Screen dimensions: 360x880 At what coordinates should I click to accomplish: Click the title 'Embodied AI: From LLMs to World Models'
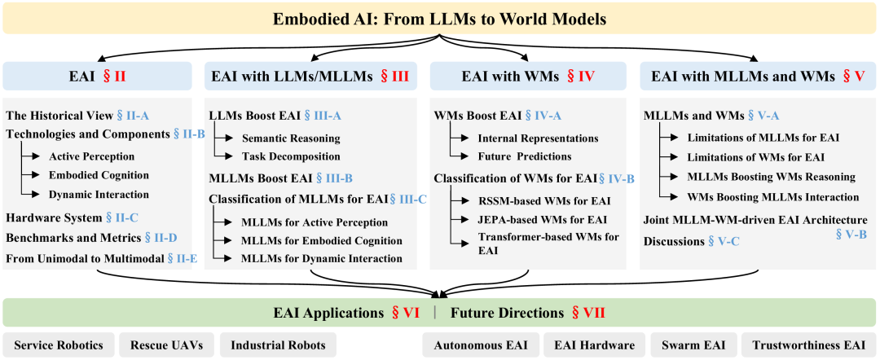pyautogui.click(x=440, y=17)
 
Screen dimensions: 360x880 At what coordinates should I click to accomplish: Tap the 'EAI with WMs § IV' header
pyautogui.click(x=527, y=77)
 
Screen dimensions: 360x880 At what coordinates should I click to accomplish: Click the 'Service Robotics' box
pyautogui.click(x=59, y=345)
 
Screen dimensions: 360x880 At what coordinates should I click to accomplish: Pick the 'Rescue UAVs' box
pyautogui.click(x=166, y=345)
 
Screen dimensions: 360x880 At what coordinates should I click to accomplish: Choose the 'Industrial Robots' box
pyautogui.click(x=278, y=345)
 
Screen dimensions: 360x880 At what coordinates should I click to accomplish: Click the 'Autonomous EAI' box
pyautogui.click(x=479, y=345)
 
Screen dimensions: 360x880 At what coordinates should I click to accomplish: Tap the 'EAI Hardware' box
pyautogui.click(x=594, y=345)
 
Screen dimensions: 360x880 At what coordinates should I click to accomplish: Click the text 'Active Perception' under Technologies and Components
pyautogui.click(x=91, y=156)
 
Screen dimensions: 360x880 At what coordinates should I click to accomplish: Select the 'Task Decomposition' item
pyautogui.click(x=291, y=156)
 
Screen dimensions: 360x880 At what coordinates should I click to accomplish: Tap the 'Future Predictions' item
pyautogui.click(x=525, y=156)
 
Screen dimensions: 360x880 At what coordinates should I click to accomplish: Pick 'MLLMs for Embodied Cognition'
pyautogui.click(x=322, y=240)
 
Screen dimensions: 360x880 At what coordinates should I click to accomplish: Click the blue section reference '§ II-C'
pyautogui.click(x=123, y=217)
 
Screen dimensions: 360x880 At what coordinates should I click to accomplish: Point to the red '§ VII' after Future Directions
pyautogui.click(x=587, y=313)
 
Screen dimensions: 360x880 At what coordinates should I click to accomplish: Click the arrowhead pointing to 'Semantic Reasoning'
pyautogui.click(x=233, y=138)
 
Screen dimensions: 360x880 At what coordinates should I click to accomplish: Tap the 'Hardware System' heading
pyautogui.click(x=53, y=217)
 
